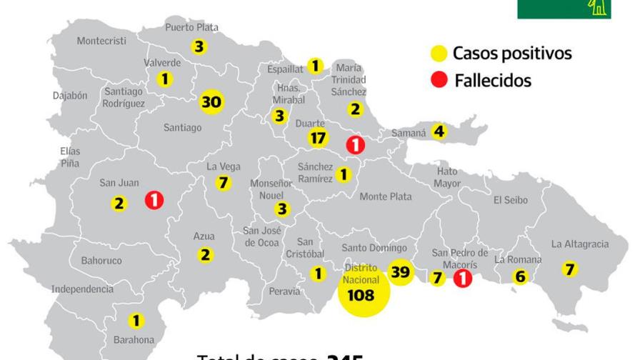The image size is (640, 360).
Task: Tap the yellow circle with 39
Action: [x=401, y=271]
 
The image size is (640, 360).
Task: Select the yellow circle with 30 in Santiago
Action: [x=211, y=102]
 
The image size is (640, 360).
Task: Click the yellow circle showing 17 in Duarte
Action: [x=317, y=138]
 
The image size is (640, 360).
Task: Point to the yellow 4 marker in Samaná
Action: [x=439, y=131]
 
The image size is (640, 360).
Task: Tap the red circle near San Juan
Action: [x=154, y=200]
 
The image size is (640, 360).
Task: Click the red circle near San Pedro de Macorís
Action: [x=463, y=278]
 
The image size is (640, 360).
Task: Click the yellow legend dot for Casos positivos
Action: [x=439, y=53]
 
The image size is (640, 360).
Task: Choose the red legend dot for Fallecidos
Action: [x=439, y=81]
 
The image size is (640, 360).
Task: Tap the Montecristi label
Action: [x=101, y=41]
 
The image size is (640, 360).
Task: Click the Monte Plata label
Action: [x=386, y=196]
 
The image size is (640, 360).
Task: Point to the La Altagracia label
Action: [x=580, y=244]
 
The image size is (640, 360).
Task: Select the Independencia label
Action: [x=82, y=289]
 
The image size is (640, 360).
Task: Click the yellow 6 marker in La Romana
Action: [x=520, y=277]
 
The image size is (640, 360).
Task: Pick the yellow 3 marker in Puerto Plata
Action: [x=199, y=47]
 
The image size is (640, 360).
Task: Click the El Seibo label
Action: [x=510, y=201]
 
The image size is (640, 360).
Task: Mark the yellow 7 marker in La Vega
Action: [x=224, y=183]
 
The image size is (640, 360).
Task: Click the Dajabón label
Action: [x=70, y=95]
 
